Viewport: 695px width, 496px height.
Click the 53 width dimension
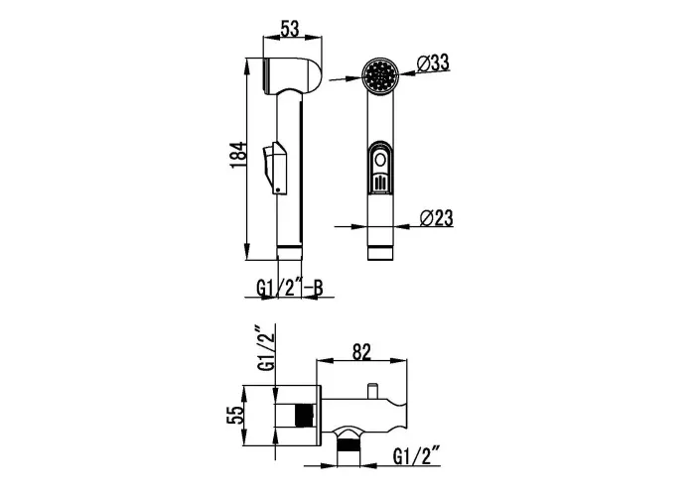290,29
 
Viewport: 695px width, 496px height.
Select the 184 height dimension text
237,155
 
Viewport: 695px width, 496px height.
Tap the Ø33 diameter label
433,62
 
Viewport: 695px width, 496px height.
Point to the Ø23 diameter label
437,218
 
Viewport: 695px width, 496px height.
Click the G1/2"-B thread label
290,288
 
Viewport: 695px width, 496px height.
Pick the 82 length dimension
361,352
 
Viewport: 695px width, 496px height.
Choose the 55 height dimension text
235,415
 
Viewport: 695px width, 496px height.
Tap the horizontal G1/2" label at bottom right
416,456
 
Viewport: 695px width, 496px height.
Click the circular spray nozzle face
380,76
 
